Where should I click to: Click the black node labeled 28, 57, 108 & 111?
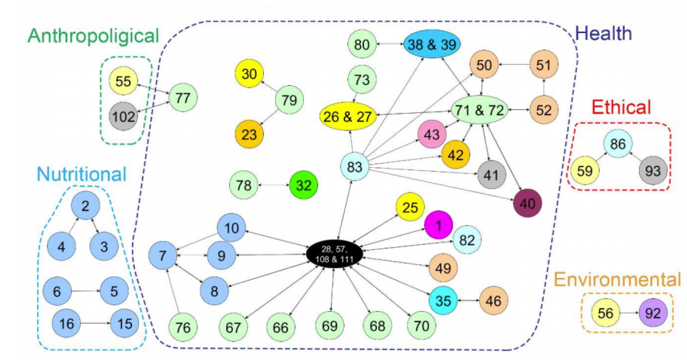coord(335,253)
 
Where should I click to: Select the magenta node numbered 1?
coord(438,225)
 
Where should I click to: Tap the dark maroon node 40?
coord(528,203)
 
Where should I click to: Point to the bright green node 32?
coord(303,185)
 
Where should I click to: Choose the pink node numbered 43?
coord(432,134)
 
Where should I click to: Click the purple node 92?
coord(653,313)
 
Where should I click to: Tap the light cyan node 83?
coord(355,167)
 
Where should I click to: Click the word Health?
coord(604,34)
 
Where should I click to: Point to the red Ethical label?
coord(622,107)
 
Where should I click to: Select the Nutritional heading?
coord(82,174)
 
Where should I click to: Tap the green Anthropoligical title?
coord(93,36)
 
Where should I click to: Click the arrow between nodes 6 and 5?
coord(86,292)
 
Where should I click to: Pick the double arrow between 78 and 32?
coord(274,185)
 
